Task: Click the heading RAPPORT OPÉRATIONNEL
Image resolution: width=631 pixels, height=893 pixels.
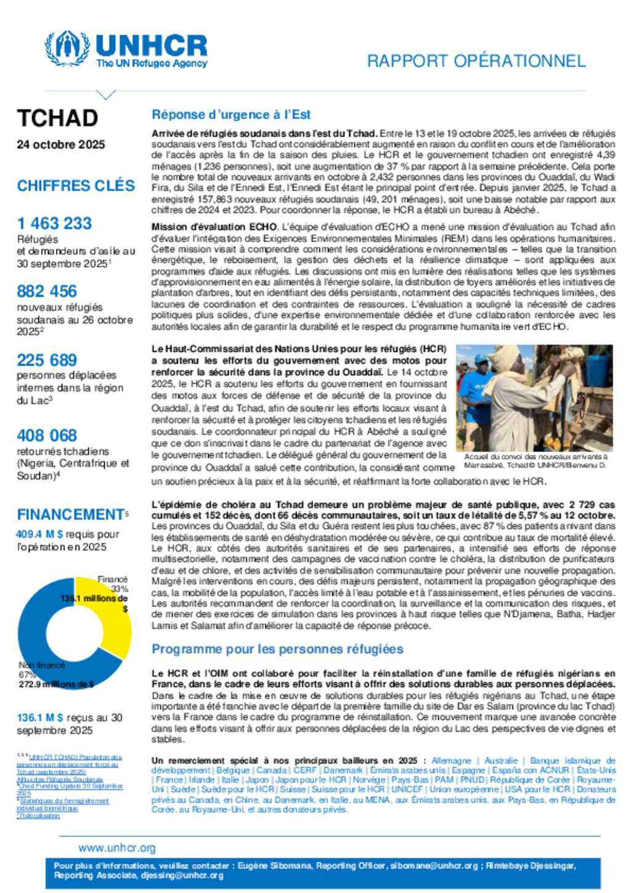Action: [x=476, y=61]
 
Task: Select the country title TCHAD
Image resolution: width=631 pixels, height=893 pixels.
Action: [x=57, y=118]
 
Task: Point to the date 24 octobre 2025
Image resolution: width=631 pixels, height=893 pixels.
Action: [x=61, y=144]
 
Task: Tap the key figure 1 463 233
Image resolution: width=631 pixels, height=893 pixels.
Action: [x=54, y=223]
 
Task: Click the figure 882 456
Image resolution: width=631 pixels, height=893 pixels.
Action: [x=47, y=291]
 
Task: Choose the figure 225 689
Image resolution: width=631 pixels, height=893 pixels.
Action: [x=47, y=360]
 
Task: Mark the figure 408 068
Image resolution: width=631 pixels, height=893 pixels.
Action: [x=47, y=435]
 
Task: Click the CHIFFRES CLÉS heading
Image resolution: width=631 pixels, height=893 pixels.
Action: [x=76, y=186]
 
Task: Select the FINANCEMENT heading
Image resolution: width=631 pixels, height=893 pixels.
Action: [x=71, y=514]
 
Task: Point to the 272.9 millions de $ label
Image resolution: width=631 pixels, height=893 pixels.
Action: [x=56, y=684]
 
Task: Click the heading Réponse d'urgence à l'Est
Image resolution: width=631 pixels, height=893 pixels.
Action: [x=231, y=115]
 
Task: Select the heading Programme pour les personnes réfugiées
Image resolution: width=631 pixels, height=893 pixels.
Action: [x=277, y=649]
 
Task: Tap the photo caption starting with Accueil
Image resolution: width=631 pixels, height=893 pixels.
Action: [x=535, y=461]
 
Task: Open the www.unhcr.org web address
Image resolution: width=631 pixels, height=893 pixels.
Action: [x=117, y=848]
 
